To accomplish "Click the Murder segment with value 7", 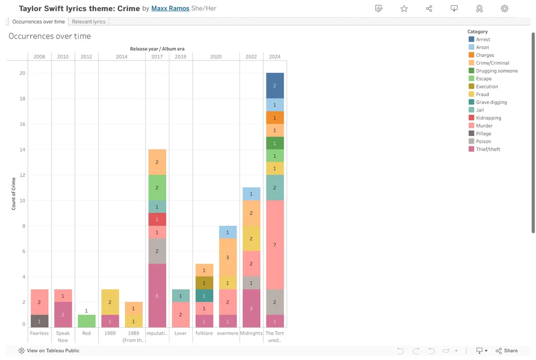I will [x=275, y=245].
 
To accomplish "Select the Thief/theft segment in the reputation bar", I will [x=157, y=295].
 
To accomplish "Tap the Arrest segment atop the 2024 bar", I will [x=275, y=86].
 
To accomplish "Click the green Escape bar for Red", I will [x=86, y=321].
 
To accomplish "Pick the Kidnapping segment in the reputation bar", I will [x=157, y=220].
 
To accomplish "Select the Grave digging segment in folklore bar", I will [x=204, y=296].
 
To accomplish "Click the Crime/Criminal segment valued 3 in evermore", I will [x=228, y=257].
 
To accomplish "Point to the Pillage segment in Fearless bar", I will [x=39, y=321].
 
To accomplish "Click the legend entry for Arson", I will [x=482, y=47].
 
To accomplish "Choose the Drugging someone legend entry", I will [x=496, y=71].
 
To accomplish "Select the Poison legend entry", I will [x=483, y=141].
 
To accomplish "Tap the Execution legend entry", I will [x=487, y=86].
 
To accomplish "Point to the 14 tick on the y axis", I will [x=23, y=149].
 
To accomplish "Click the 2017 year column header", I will [x=157, y=56].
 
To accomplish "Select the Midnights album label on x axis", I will [x=251, y=333].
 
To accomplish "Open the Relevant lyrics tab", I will [x=89, y=21].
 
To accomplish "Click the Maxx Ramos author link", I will [x=170, y=9].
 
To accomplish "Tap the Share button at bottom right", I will [x=507, y=351].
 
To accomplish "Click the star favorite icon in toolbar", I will [x=404, y=9].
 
